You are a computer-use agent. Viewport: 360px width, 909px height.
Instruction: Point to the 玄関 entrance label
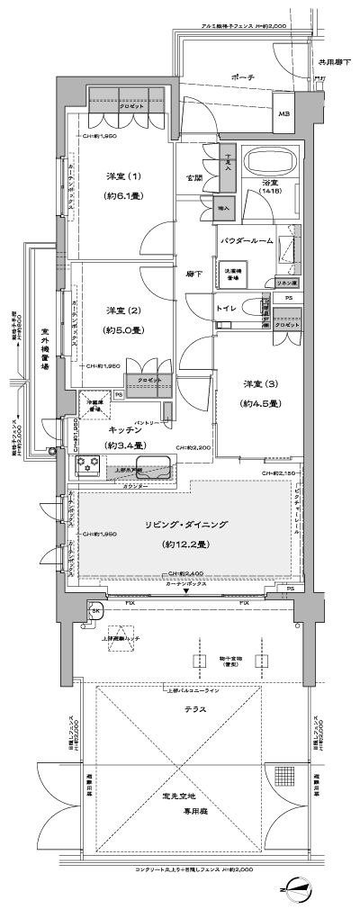click(x=193, y=177)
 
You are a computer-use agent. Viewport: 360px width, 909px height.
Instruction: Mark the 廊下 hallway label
click(x=193, y=274)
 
